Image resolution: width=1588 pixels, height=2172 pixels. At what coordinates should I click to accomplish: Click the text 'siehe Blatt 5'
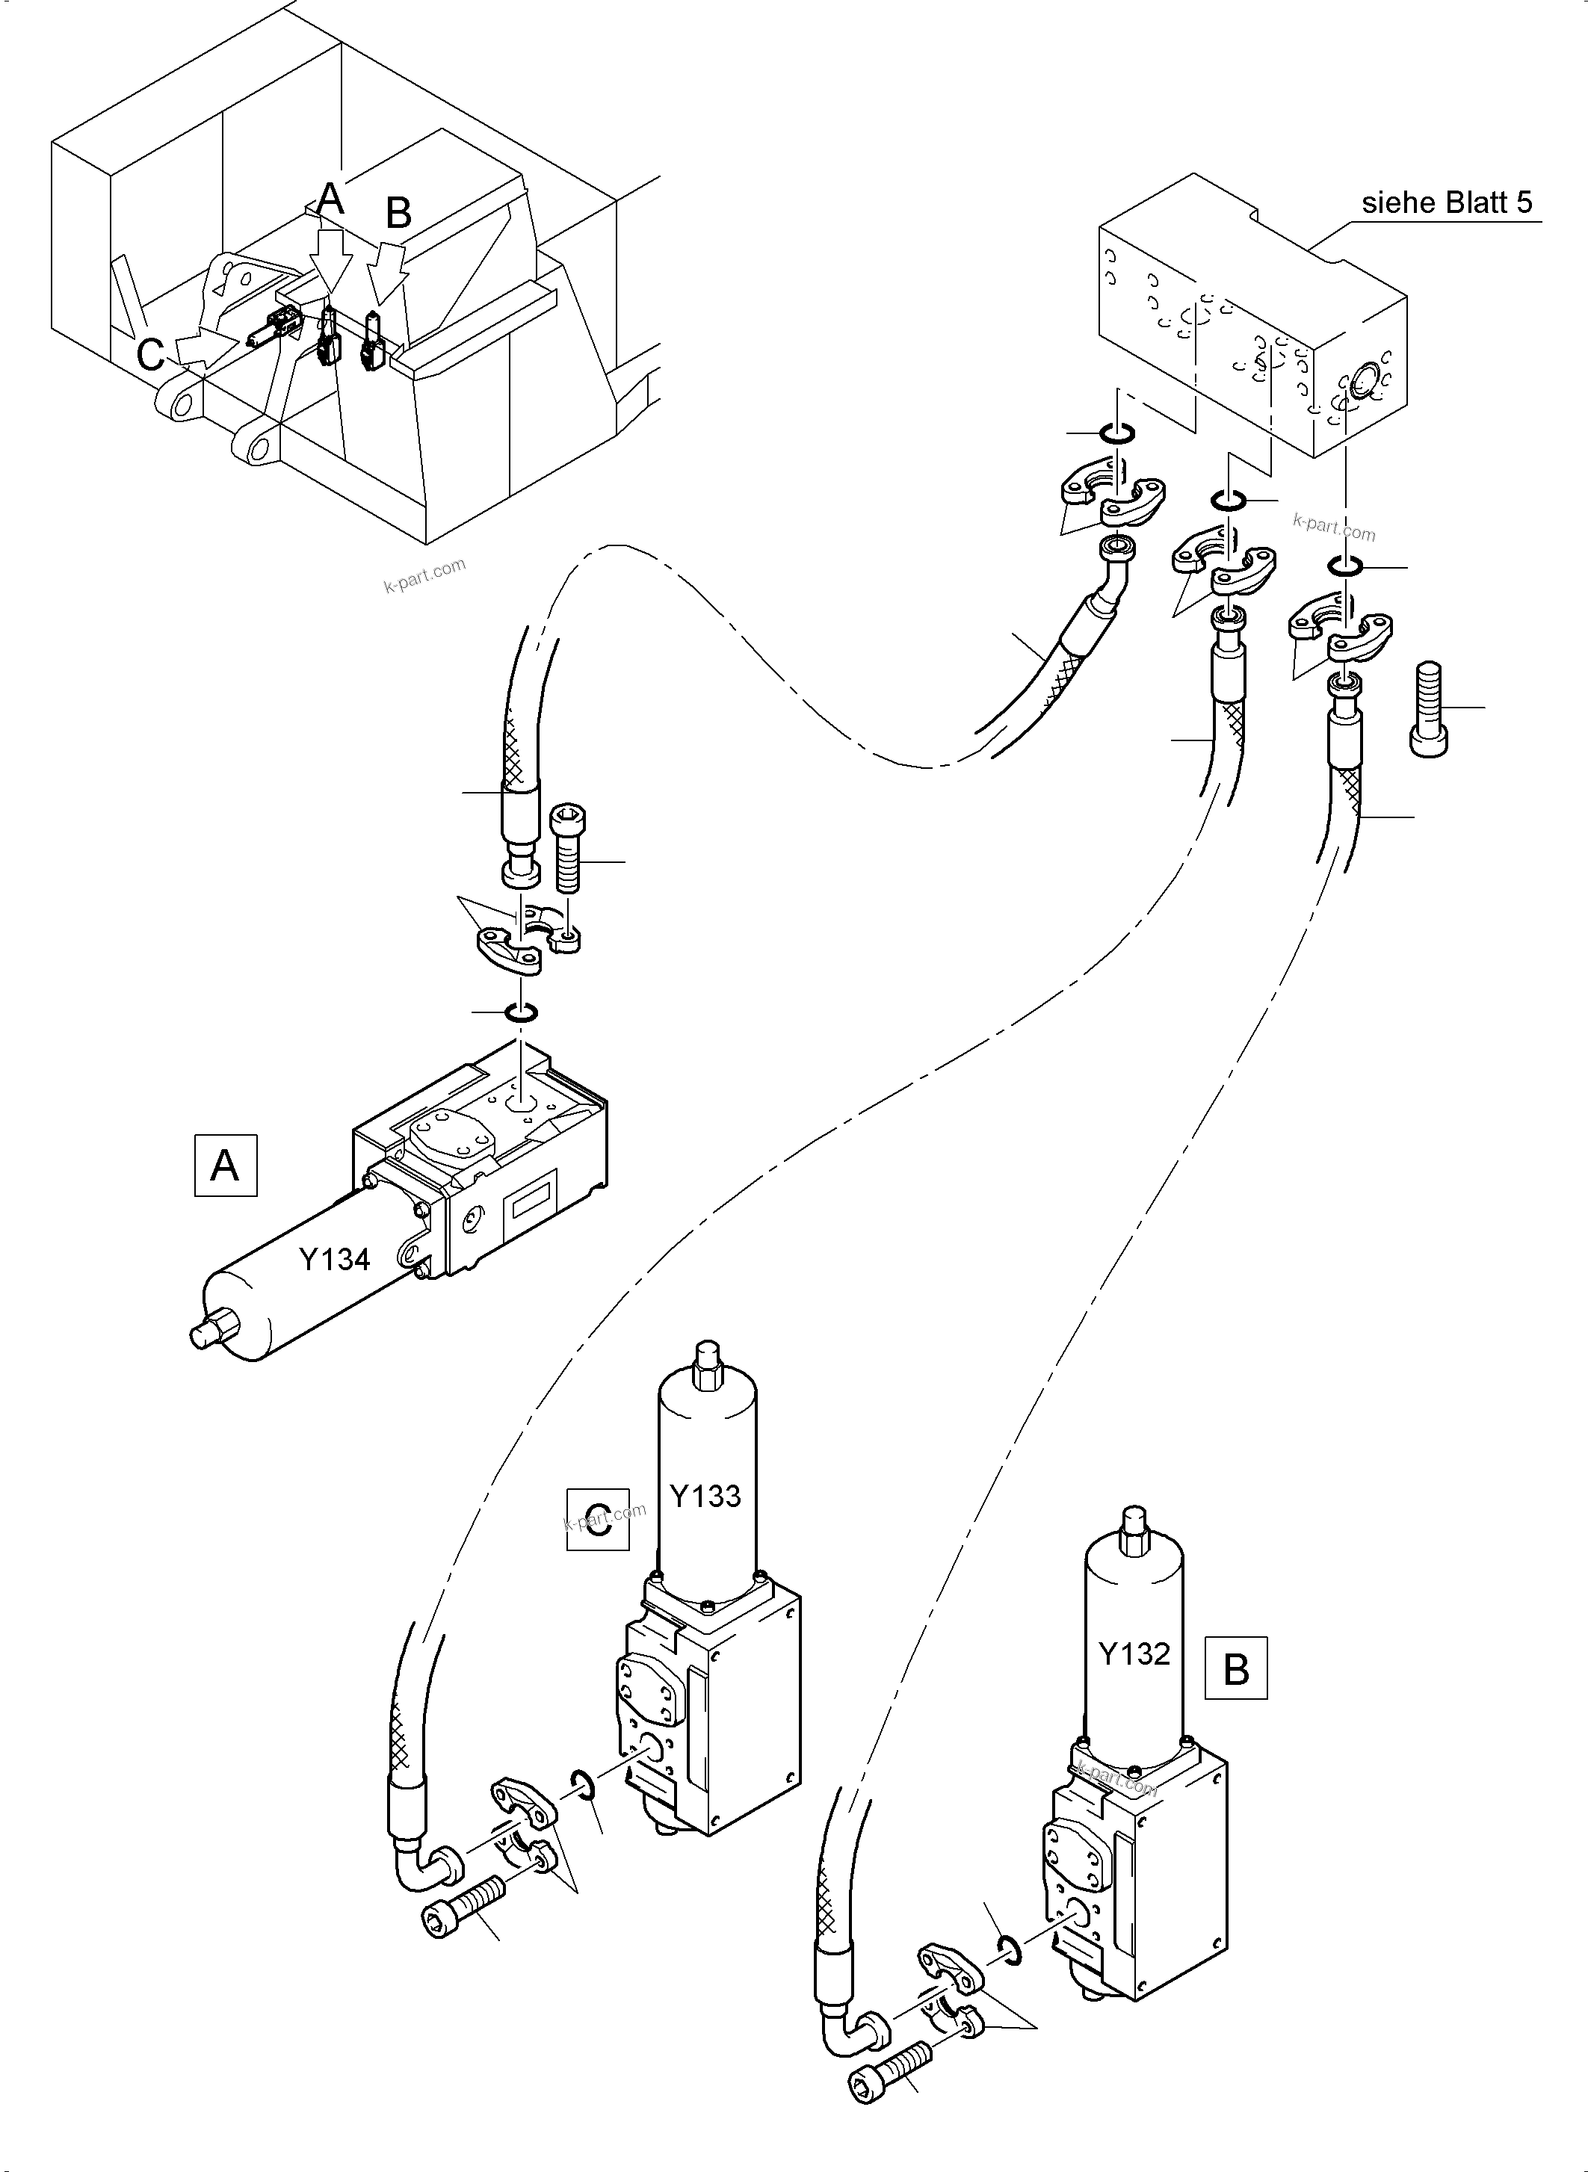(1447, 202)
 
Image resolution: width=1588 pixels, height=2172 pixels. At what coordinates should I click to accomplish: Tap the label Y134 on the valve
(335, 1258)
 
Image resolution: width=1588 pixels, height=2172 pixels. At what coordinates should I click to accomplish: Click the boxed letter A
(225, 1165)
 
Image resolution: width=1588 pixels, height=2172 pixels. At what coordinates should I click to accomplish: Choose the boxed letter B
(1235, 1669)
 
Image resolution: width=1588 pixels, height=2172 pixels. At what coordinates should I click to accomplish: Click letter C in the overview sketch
(150, 355)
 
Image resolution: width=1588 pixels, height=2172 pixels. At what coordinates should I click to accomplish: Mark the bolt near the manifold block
(1430, 708)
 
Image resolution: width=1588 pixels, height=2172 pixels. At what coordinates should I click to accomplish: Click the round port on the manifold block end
(1363, 385)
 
